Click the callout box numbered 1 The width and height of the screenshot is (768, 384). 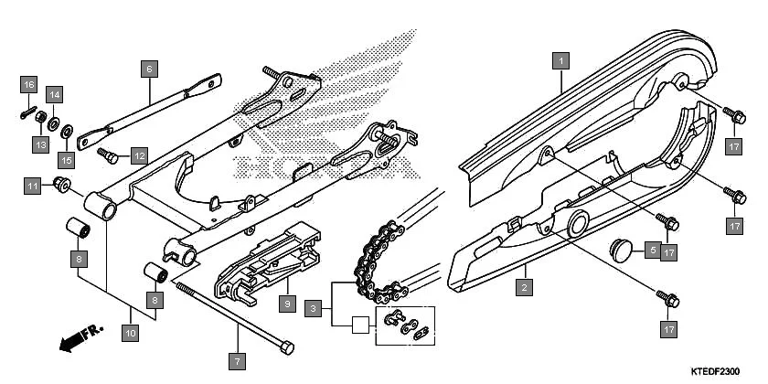[562, 61]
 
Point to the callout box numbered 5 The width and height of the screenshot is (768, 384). [654, 249]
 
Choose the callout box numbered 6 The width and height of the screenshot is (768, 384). [149, 68]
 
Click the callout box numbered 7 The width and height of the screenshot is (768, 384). [237, 362]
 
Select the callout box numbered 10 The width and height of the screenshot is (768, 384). [130, 334]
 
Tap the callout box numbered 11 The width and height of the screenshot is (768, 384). [33, 187]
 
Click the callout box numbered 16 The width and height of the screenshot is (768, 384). [28, 85]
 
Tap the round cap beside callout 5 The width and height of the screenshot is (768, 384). [624, 249]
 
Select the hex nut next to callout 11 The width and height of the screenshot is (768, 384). [61, 187]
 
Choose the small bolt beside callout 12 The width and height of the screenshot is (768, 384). [107, 152]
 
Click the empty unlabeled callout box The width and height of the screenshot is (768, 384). [361, 325]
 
